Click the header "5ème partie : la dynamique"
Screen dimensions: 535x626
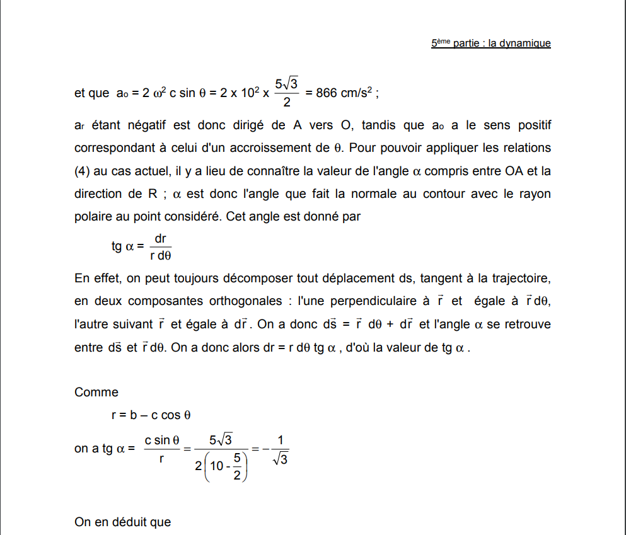coord(491,43)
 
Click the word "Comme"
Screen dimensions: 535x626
coord(96,392)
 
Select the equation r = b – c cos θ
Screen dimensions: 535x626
coord(151,415)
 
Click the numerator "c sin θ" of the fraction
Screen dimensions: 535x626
coord(162,439)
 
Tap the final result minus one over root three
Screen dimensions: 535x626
coord(275,449)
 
